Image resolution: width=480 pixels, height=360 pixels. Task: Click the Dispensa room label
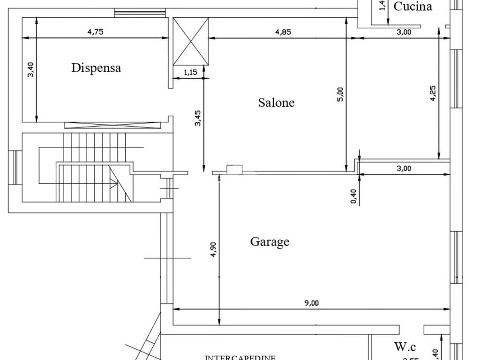coord(96,68)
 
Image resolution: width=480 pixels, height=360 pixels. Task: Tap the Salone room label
coord(277,103)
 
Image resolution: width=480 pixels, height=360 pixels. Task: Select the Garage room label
coord(270,242)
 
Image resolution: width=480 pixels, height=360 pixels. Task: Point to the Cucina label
coord(412,7)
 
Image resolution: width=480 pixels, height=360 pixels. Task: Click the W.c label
coord(405,347)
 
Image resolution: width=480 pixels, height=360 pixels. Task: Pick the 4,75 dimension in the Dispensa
coord(95,32)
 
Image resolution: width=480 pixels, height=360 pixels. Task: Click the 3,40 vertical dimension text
coord(31,69)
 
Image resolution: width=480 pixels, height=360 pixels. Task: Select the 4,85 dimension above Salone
coord(283,32)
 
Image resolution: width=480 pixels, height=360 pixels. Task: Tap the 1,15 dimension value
coord(190,72)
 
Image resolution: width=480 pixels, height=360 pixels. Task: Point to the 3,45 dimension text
coord(198,118)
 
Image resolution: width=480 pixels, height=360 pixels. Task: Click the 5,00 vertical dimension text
coord(340,94)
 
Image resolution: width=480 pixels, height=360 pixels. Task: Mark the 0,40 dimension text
coord(353,196)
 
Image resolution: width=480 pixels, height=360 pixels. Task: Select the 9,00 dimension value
coord(311,303)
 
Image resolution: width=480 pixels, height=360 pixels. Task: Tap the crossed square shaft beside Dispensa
coord(191,41)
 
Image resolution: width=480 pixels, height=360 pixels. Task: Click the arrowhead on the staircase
coord(114,185)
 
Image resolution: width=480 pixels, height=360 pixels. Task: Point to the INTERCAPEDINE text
coord(240,358)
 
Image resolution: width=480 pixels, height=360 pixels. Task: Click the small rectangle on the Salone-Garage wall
coord(234,169)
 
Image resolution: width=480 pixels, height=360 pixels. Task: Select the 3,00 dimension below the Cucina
coord(404,32)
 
